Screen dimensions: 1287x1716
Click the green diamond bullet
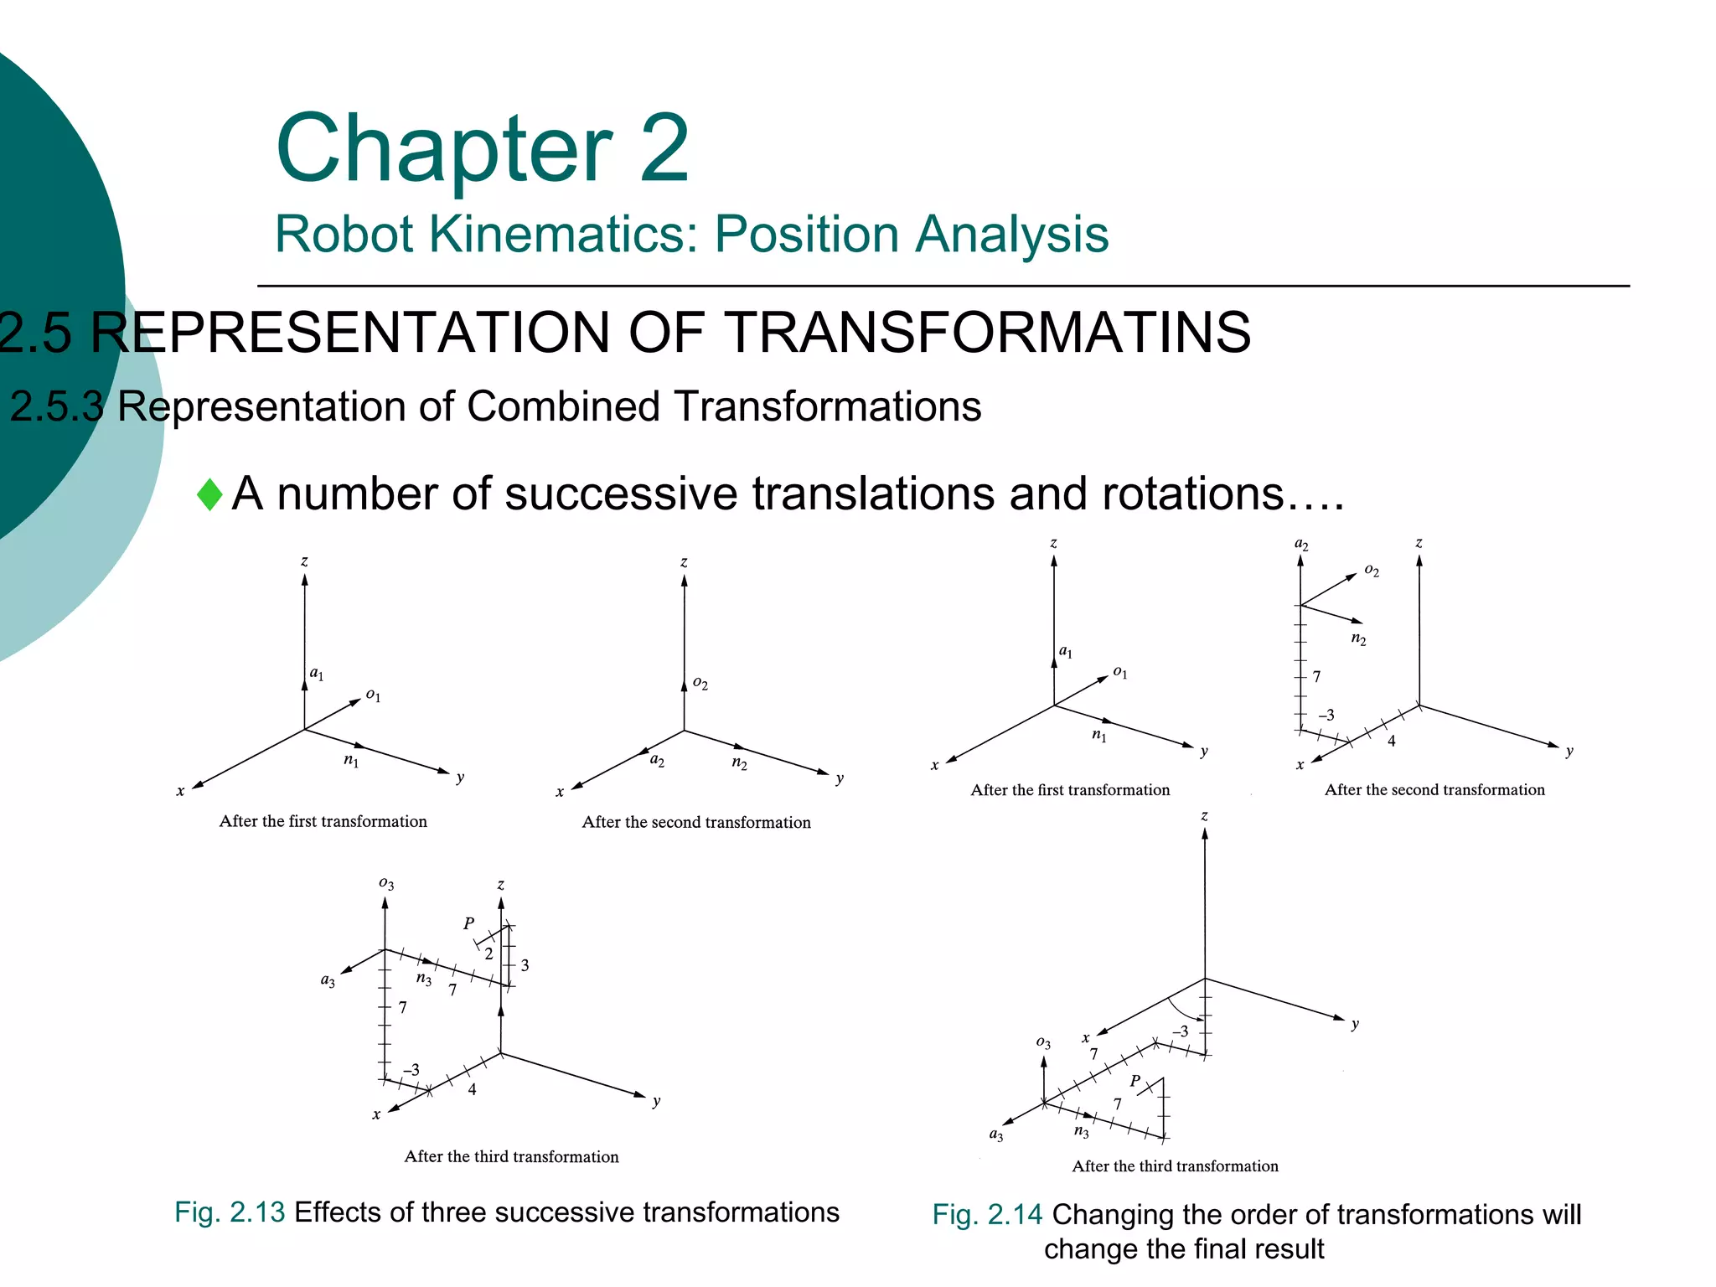coord(209,494)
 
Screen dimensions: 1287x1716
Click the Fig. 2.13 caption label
coord(230,1212)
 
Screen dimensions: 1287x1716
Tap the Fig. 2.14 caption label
coord(987,1215)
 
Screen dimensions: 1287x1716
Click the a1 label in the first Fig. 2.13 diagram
coord(317,674)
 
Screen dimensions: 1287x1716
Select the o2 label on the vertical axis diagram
coord(700,684)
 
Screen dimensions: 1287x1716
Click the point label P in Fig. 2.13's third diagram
coord(468,923)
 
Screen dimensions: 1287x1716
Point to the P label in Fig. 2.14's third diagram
coord(1135,1081)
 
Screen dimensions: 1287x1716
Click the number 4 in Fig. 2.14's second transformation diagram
coord(1391,741)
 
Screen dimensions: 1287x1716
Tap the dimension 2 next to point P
coord(488,954)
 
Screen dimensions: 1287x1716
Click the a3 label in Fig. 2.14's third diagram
coord(996,1135)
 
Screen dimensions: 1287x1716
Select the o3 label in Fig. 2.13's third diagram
coord(386,883)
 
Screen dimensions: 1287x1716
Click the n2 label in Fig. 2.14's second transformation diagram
coord(1358,639)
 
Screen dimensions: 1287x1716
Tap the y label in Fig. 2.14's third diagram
coord(1355,1024)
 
